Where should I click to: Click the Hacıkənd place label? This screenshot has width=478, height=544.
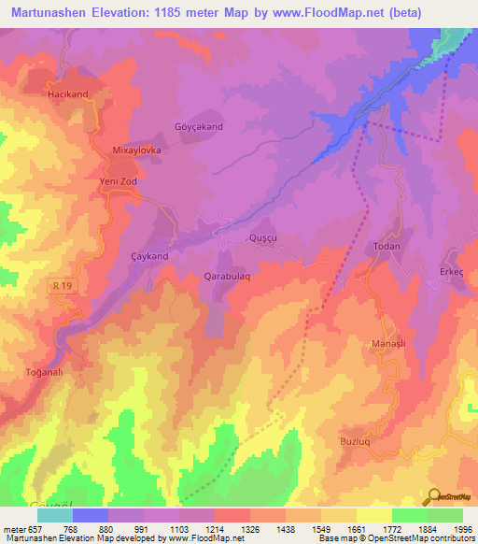(x=66, y=95)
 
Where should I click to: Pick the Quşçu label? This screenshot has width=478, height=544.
(x=262, y=238)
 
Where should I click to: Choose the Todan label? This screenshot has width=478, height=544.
(x=387, y=247)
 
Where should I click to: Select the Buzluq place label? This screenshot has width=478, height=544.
(x=382, y=437)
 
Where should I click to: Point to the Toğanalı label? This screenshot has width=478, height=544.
(x=42, y=371)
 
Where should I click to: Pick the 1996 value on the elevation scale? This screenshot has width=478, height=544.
(x=461, y=529)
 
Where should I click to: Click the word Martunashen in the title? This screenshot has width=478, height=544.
(x=53, y=13)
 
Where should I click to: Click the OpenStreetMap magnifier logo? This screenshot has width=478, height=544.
(x=434, y=496)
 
